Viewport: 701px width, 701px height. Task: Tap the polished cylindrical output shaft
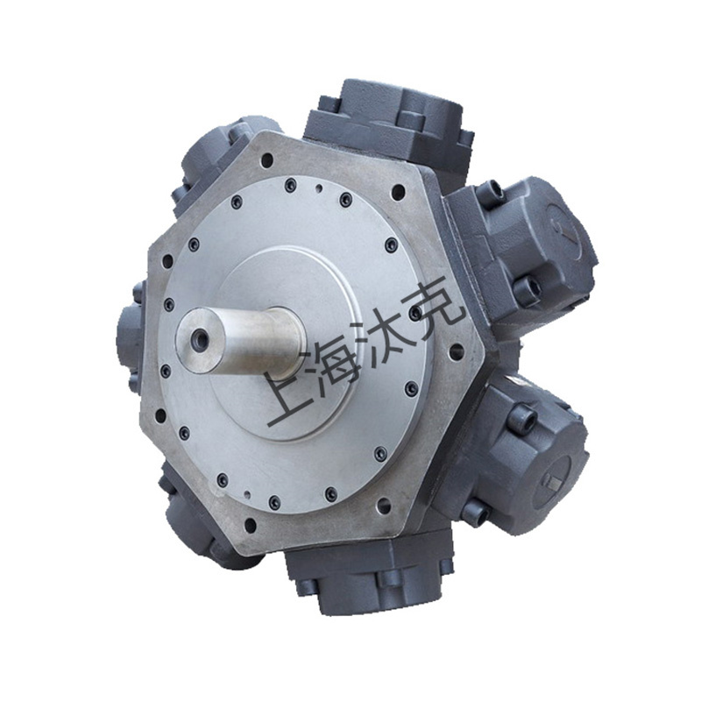tap(242, 339)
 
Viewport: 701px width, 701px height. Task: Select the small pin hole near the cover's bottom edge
tap(247, 494)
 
